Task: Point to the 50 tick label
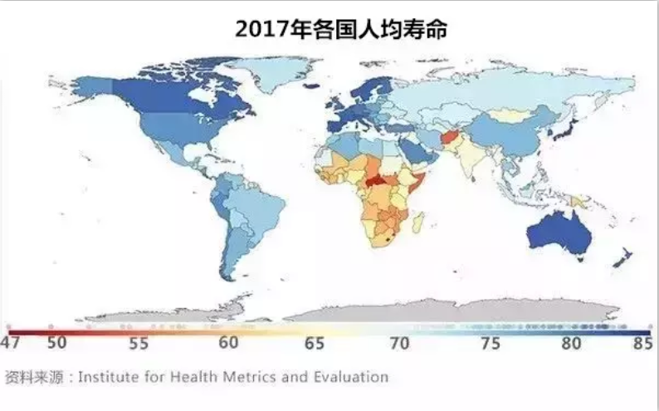coord(56,342)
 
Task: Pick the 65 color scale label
coord(315,342)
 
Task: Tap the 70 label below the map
coord(400,342)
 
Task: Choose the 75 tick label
coord(489,342)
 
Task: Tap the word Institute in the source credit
coord(115,377)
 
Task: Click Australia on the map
coord(559,232)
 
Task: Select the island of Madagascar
coord(418,223)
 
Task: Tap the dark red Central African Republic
coord(378,180)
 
